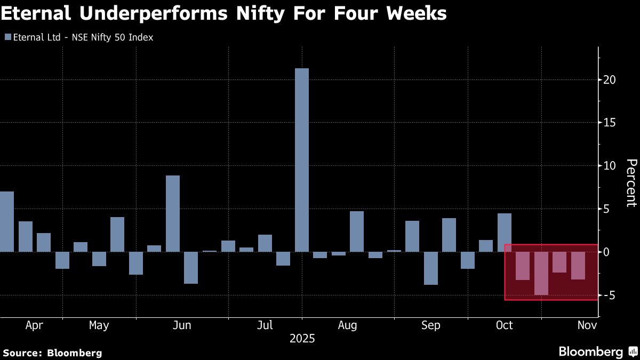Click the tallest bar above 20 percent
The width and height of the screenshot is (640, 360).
[x=301, y=160]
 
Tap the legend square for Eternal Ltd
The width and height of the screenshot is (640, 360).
[x=7, y=37]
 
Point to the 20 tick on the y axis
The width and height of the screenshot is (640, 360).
[x=610, y=79]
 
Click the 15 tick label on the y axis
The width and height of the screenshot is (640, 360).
[x=610, y=123]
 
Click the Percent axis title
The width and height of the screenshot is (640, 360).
[x=631, y=182]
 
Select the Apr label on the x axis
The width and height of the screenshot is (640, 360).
[x=34, y=325]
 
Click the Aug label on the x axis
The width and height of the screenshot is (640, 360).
[x=347, y=325]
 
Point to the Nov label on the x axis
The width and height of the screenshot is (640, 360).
[x=587, y=325]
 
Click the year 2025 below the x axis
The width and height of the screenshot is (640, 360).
[x=302, y=339]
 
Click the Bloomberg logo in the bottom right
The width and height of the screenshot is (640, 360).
[x=597, y=351]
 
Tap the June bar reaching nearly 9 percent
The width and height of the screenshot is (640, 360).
[x=173, y=213]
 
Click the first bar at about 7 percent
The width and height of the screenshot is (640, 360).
[x=6, y=221]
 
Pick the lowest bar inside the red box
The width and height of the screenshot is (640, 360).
[x=541, y=273]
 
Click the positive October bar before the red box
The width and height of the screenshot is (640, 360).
[x=504, y=233]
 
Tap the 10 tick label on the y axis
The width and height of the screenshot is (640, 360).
[x=610, y=166]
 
